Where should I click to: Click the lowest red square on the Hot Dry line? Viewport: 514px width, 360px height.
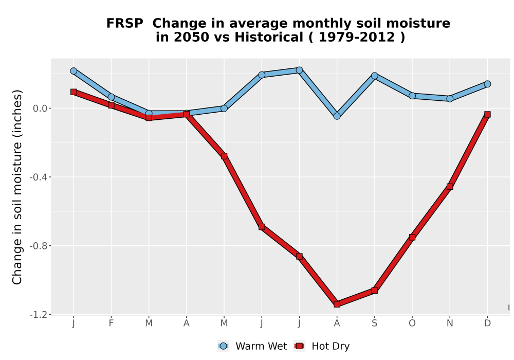coord(337,304)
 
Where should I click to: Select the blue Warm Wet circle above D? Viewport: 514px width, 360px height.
coord(487,84)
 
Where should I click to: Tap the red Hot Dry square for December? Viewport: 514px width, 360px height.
coord(487,114)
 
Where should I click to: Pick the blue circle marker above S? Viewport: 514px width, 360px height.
coord(375,76)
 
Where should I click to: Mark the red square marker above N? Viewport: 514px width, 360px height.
coord(450,187)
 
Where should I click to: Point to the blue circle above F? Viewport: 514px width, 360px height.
coord(111,97)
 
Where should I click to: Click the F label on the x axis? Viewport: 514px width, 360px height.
coord(111,323)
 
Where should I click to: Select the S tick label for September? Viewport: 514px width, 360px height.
coord(375,323)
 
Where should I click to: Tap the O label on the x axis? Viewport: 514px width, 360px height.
coord(412,323)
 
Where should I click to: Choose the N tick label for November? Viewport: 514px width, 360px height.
coord(450,323)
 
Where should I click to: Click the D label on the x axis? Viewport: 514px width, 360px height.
coord(487,323)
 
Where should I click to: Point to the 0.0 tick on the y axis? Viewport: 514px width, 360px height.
coord(40,109)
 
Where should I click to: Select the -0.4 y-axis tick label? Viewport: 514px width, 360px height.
coord(39,177)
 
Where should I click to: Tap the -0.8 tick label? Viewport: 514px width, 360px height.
coord(39,246)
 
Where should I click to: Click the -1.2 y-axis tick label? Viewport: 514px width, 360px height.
coord(39,315)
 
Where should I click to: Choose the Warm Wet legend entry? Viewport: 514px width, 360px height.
coord(252,346)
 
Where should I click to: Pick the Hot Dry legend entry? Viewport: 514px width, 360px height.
coord(322,346)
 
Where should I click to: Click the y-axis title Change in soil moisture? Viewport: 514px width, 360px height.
coord(17,187)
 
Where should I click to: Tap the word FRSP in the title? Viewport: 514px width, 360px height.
coord(124,24)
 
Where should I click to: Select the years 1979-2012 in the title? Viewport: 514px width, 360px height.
coord(357,37)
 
